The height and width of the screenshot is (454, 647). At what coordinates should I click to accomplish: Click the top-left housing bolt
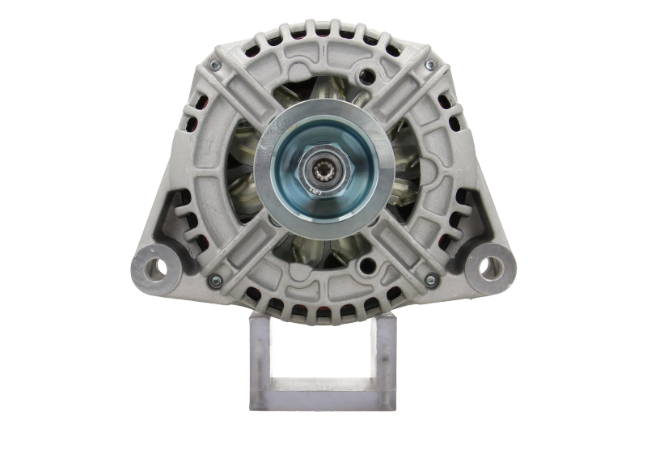(215, 64)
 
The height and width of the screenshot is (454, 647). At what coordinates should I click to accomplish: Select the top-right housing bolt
(430, 64)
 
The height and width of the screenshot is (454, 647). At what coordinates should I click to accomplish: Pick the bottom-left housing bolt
(214, 280)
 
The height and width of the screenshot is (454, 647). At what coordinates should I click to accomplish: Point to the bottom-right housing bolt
(430, 281)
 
